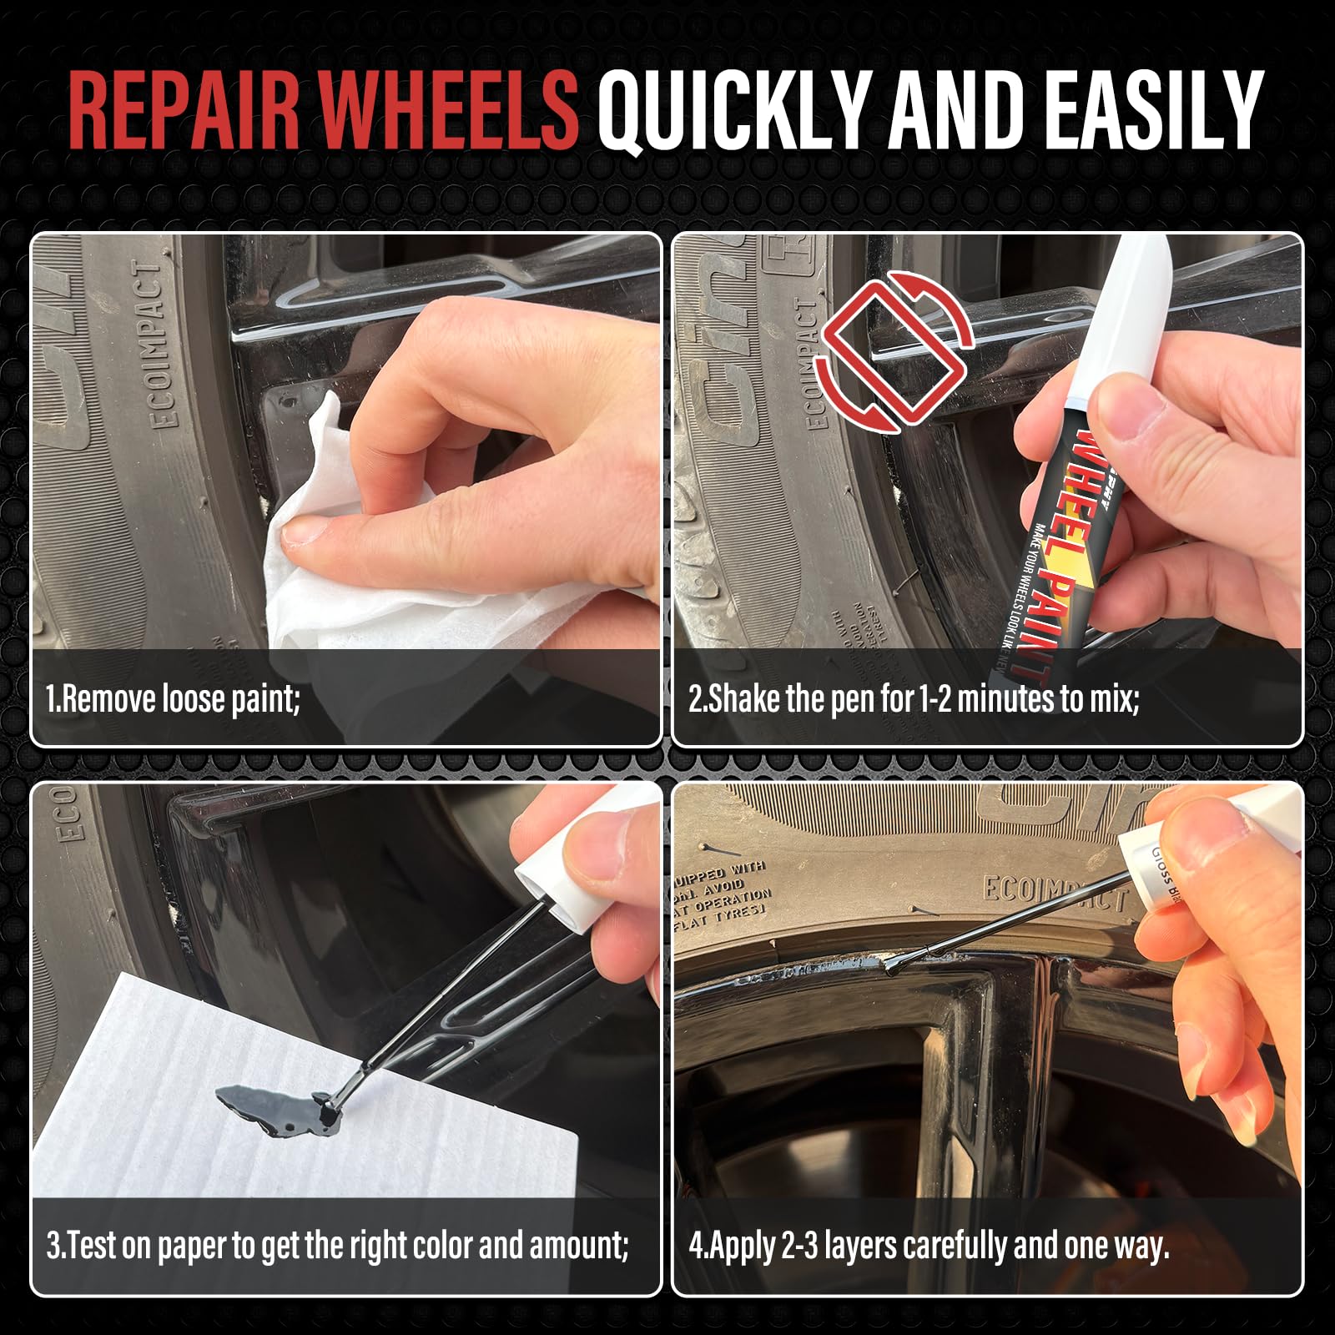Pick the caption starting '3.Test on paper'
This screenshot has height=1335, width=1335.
(x=337, y=1247)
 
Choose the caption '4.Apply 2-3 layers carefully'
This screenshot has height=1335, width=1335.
(x=929, y=1247)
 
